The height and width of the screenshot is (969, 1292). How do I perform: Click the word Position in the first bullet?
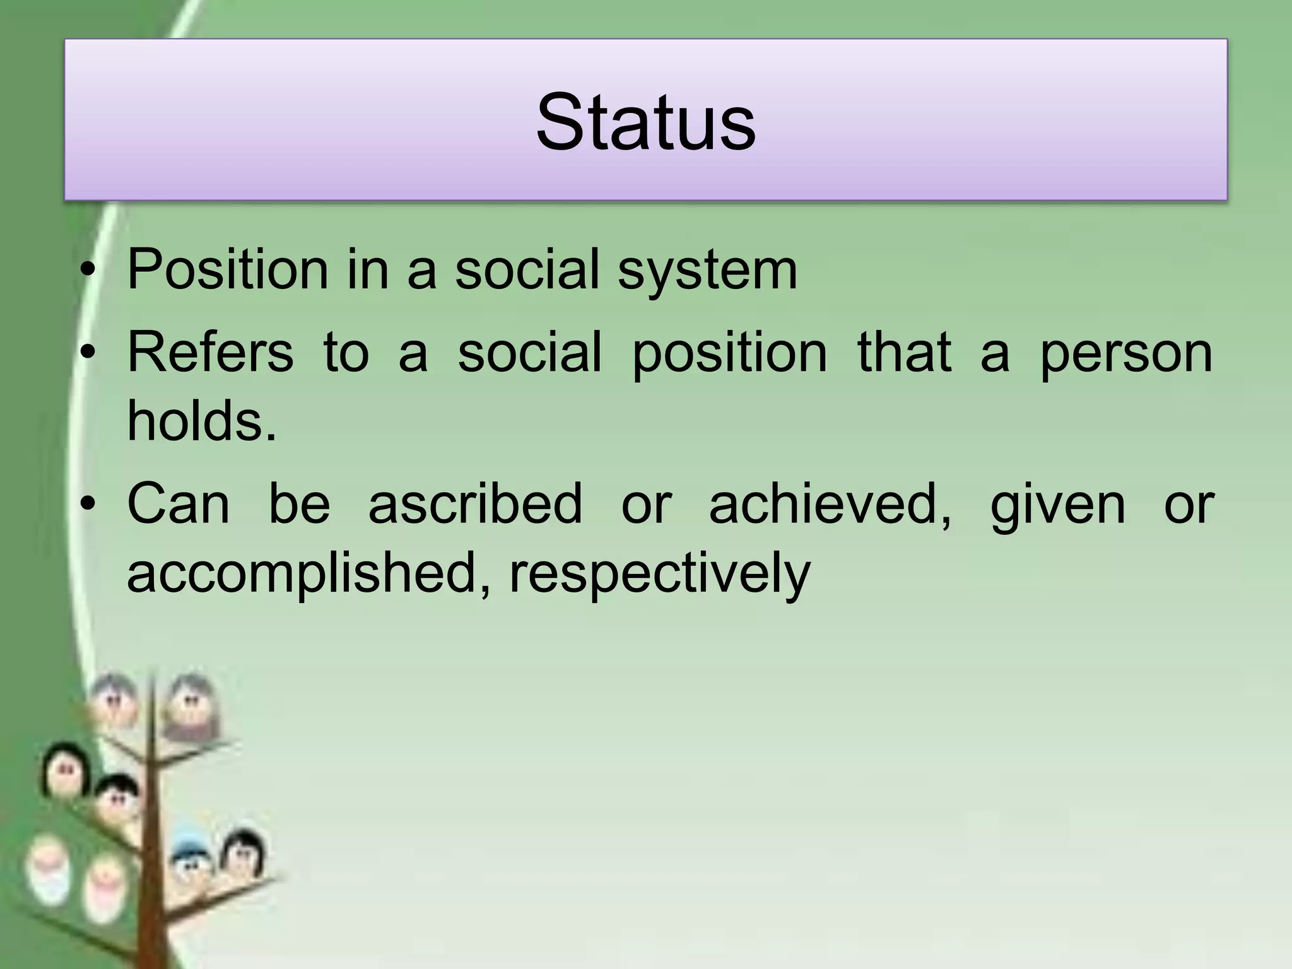click(x=227, y=270)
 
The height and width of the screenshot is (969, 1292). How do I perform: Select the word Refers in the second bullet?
click(x=210, y=352)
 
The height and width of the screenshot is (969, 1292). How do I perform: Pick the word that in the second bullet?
click(x=904, y=352)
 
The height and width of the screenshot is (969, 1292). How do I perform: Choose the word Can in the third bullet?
click(x=179, y=503)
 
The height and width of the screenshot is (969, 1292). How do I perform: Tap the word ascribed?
click(x=475, y=503)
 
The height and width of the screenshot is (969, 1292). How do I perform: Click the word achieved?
click(x=830, y=503)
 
